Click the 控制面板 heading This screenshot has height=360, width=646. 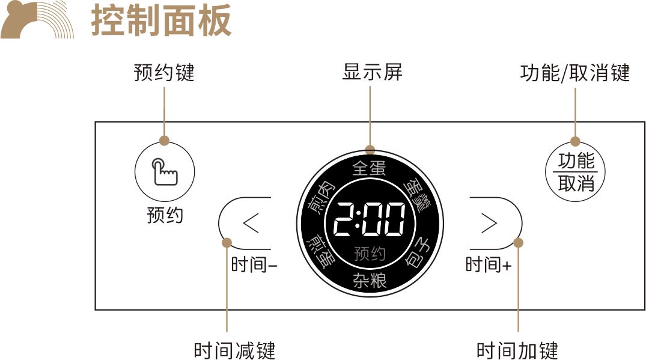[x=161, y=20]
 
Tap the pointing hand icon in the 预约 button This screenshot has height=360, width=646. [x=165, y=171]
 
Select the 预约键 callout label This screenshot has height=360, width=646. [x=164, y=73]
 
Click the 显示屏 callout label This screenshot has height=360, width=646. [x=372, y=72]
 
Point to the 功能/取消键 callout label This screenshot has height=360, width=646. [x=575, y=73]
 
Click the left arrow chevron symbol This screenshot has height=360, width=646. [x=251, y=223]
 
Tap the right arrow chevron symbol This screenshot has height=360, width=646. [x=489, y=223]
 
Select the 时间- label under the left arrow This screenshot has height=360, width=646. [x=254, y=264]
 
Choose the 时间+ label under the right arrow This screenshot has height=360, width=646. [x=489, y=264]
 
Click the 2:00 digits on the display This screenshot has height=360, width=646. [x=369, y=219]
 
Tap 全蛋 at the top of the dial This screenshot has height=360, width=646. [x=369, y=168]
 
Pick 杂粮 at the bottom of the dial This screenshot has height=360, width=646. [x=370, y=281]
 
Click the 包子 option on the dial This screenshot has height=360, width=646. [x=417, y=253]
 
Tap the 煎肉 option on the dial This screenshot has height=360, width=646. [x=322, y=199]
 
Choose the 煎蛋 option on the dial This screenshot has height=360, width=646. [x=321, y=252]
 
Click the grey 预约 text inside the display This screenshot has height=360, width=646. [x=370, y=254]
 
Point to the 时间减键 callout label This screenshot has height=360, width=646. [x=234, y=350]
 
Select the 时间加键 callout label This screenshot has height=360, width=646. [x=517, y=350]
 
